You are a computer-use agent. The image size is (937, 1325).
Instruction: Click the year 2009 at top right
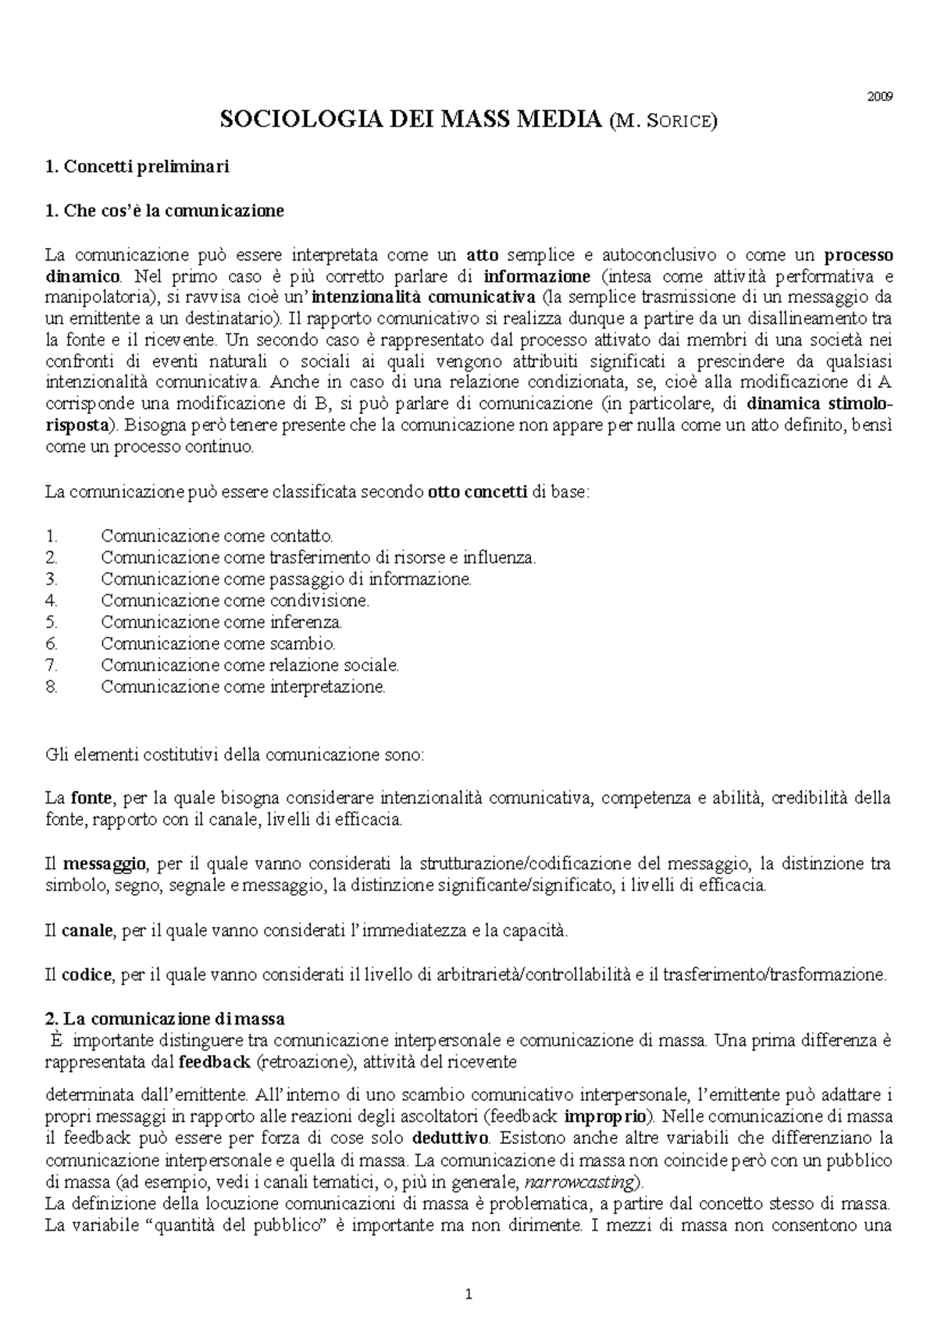[x=881, y=98]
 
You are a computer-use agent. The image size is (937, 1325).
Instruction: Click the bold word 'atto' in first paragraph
[x=482, y=254]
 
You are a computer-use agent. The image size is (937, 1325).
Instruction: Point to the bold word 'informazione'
[x=537, y=276]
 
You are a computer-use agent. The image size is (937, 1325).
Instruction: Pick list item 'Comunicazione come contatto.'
[x=217, y=536]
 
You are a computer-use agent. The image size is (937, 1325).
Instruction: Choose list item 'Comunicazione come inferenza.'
[x=222, y=622]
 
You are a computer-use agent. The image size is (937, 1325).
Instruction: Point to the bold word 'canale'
[x=87, y=930]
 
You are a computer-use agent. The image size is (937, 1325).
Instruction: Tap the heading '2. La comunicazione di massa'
[x=165, y=1018]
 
